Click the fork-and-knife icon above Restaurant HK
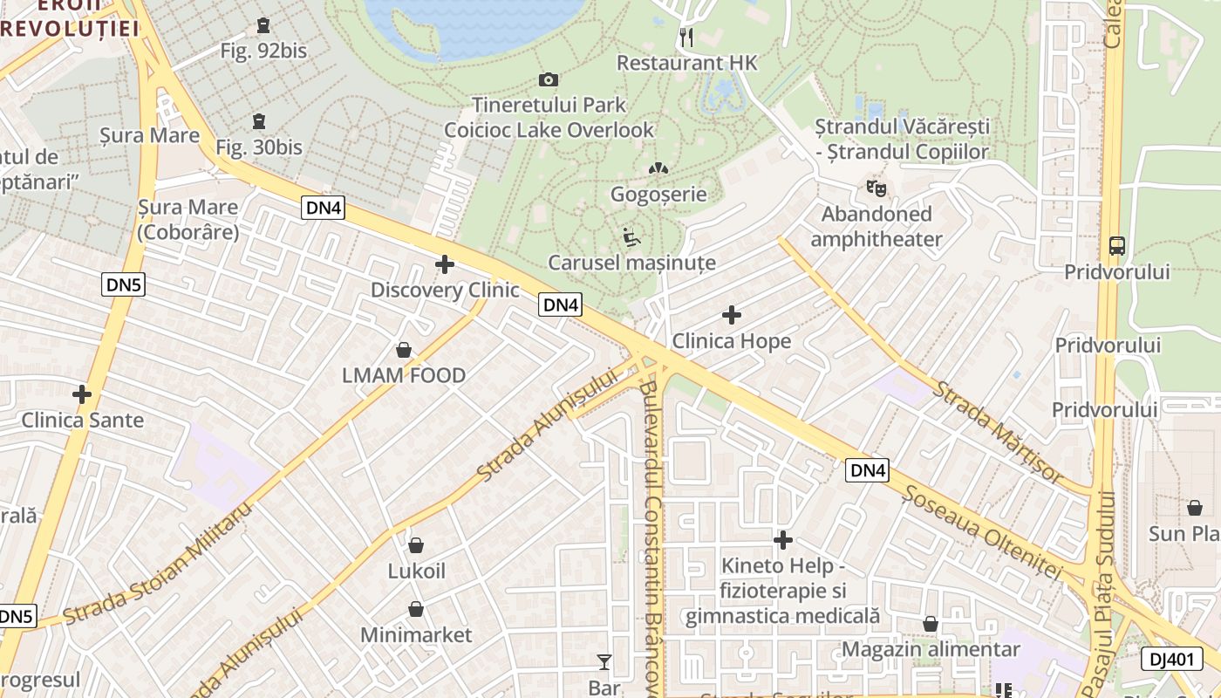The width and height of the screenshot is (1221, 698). [686, 38]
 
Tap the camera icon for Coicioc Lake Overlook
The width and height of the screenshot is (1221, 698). [549, 80]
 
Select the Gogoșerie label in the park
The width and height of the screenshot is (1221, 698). [658, 194]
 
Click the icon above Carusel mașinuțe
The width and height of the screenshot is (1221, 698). [631, 236]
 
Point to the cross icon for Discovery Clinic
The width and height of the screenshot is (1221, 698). [445, 264]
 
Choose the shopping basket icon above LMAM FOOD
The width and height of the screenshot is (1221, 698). [404, 351]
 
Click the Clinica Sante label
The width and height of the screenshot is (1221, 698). [83, 420]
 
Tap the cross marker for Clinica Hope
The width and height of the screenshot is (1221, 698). [732, 315]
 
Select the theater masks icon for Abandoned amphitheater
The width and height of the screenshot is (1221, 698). [876, 188]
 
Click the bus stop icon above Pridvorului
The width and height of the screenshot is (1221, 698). [1116, 246]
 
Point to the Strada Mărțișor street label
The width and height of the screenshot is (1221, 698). [999, 432]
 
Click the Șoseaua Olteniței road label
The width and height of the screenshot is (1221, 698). [983, 532]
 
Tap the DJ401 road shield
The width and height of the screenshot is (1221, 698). [1171, 659]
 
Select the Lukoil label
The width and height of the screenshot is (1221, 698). [416, 571]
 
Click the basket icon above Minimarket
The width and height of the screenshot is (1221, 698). [416, 609]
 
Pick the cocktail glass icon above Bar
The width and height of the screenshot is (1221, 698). [604, 662]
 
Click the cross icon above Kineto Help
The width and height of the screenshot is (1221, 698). [783, 541]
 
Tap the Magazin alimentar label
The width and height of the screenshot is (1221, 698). [931, 649]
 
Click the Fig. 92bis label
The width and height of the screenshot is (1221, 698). [263, 51]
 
